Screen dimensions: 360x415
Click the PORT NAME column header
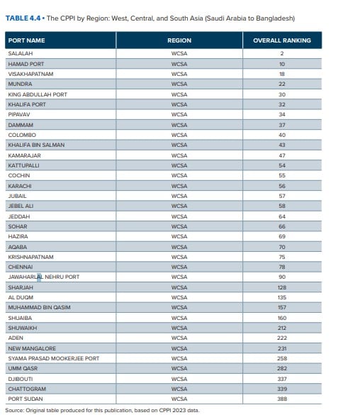[x=26, y=40]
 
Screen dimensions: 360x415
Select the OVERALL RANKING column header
[x=282, y=40]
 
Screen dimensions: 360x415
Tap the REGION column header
[x=179, y=40]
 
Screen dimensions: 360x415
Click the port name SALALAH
[x=21, y=53]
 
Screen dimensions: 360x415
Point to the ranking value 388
[x=282, y=399]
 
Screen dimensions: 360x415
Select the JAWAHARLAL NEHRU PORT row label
[x=44, y=277]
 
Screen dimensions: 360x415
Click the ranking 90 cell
[x=282, y=277]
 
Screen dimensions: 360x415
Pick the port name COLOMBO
[x=22, y=135]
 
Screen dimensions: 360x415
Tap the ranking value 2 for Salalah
[x=282, y=53]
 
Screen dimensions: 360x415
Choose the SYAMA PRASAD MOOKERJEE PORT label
[x=54, y=358]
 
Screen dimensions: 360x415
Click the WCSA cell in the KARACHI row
[x=179, y=186]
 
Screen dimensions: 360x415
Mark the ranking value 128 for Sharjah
[x=282, y=287]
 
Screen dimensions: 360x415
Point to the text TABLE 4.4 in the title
[x=23, y=18]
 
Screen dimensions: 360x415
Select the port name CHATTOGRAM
[x=27, y=389]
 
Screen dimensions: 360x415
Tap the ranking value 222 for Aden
[x=282, y=338]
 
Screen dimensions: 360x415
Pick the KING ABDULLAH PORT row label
[x=38, y=94]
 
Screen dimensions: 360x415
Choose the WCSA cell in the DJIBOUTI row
[x=179, y=379]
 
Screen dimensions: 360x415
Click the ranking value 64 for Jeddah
[x=282, y=216]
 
